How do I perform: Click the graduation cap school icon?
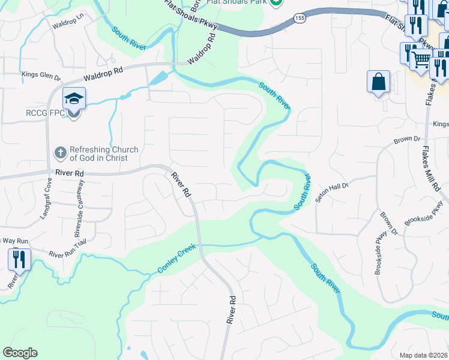coord(74,98)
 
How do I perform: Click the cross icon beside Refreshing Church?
coord(60,153)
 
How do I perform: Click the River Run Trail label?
coord(68,254)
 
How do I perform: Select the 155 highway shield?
coord(300,19)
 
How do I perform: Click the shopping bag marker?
coord(379,83)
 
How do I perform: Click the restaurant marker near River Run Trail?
coord(19,260)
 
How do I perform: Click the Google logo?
coord(20,353)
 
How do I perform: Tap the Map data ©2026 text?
coord(423,355)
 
